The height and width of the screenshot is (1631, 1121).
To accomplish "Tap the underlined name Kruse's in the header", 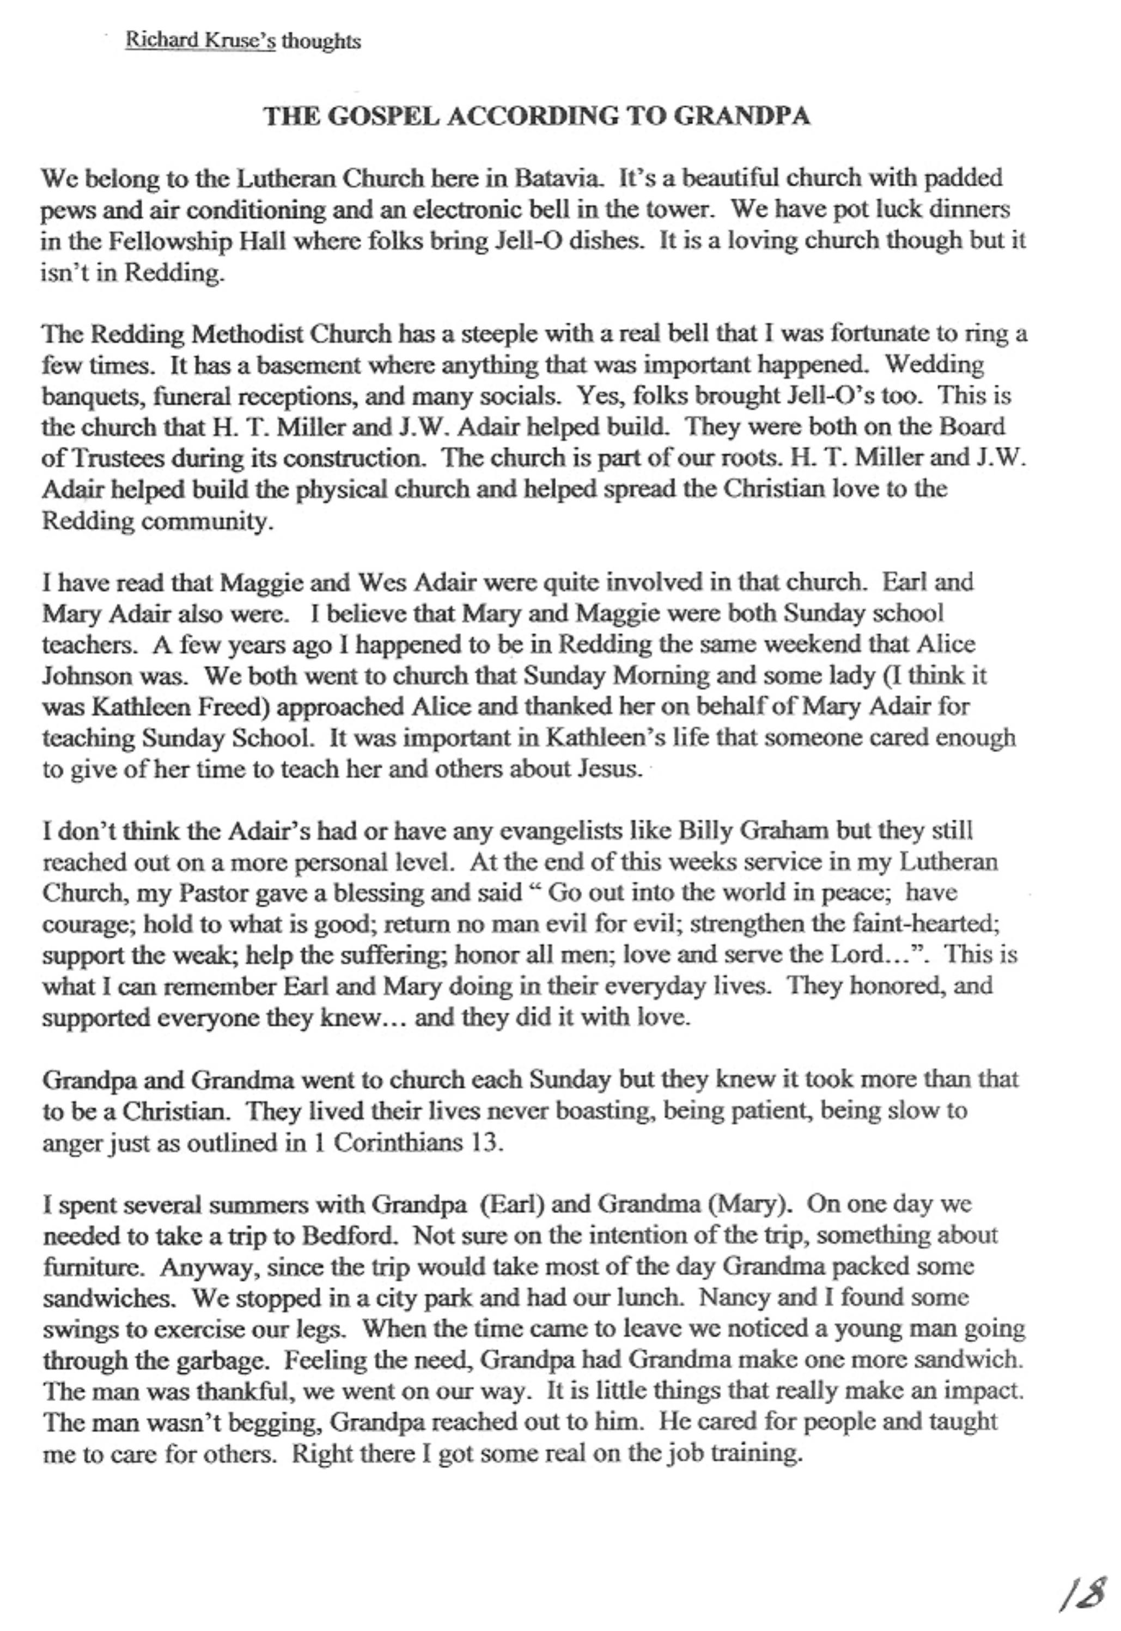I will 240,41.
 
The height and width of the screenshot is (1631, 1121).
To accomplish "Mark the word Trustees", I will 104,458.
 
